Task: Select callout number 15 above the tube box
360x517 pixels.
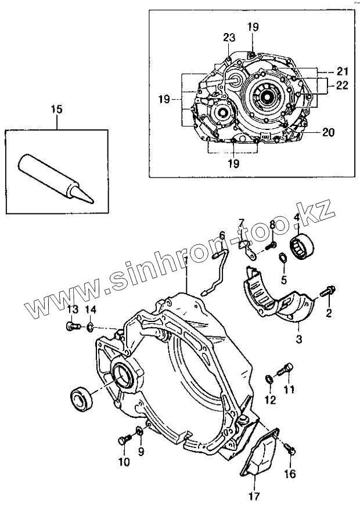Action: click(56, 109)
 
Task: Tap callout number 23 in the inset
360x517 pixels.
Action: click(229, 38)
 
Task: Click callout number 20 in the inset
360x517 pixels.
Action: click(329, 132)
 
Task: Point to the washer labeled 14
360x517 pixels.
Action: click(90, 328)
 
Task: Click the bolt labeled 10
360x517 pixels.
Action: click(123, 441)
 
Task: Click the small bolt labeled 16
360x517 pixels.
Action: click(292, 450)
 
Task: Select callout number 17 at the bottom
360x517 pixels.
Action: click(254, 497)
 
